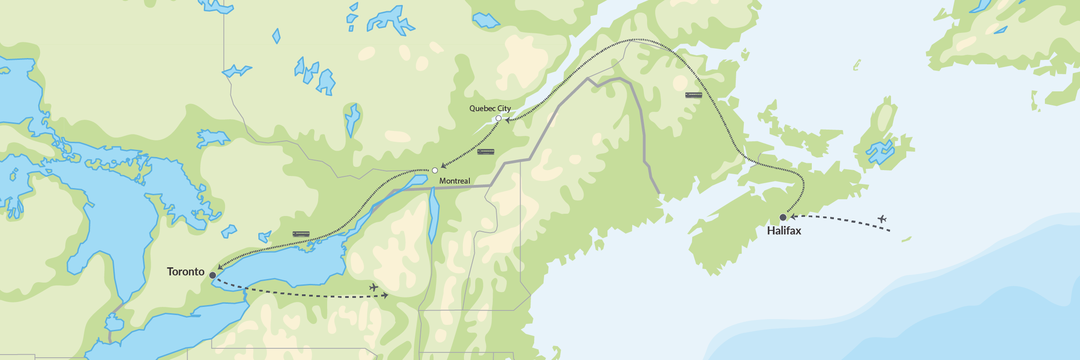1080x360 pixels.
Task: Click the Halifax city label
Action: [x=784, y=231]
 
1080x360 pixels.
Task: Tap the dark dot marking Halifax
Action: [x=783, y=217]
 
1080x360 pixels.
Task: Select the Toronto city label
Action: [x=185, y=272]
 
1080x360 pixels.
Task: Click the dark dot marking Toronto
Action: [x=212, y=275]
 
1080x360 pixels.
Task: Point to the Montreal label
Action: [x=454, y=181]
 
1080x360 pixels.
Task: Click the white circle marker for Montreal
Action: [x=435, y=171]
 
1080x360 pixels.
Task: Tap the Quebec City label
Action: [x=490, y=108]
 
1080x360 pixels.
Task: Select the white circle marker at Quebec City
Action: [x=499, y=118]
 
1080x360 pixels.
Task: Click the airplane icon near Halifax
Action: [x=882, y=219]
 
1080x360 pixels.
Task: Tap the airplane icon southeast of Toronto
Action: [x=373, y=287]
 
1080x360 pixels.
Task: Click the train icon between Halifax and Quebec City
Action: [x=693, y=95]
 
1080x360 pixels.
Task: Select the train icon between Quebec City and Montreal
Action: [x=486, y=152]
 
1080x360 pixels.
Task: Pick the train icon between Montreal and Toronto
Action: [x=301, y=234]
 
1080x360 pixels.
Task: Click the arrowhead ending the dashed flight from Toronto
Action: [x=386, y=296]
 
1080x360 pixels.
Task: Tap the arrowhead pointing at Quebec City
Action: [x=508, y=120]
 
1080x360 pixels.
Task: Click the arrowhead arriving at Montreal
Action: [x=443, y=166]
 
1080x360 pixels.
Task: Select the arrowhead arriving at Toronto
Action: [x=220, y=267]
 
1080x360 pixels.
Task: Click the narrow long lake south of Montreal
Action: [x=433, y=216]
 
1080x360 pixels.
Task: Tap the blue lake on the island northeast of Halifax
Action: [x=880, y=152]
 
